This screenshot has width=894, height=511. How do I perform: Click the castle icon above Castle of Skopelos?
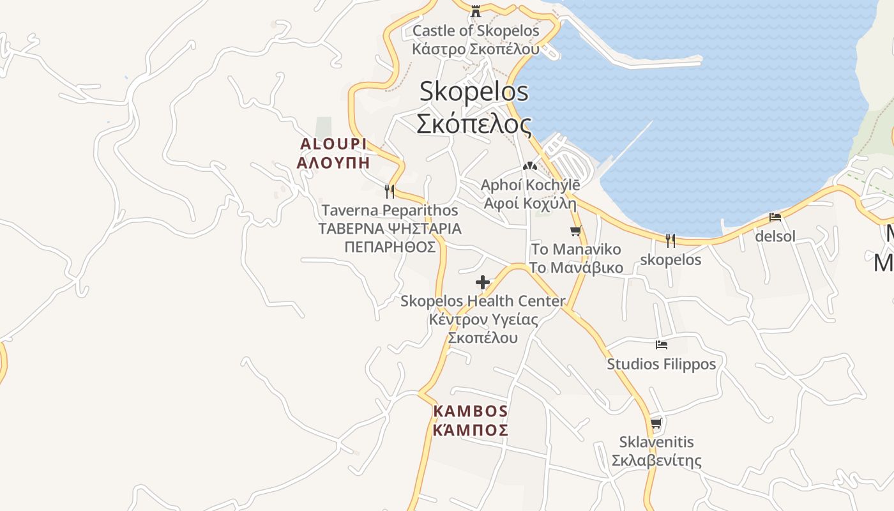click(x=476, y=11)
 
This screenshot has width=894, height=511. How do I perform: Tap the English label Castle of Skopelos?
click(x=476, y=31)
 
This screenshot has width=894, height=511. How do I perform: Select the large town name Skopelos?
click(x=474, y=91)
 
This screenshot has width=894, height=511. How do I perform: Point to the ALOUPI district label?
click(x=333, y=144)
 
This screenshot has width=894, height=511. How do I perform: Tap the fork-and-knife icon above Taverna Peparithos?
click(x=389, y=190)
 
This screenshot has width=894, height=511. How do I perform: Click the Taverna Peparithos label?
click(x=390, y=210)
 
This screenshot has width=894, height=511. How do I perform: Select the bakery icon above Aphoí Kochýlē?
click(x=529, y=166)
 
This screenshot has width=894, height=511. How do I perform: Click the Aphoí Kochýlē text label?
click(x=530, y=185)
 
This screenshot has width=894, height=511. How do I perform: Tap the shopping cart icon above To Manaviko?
click(x=575, y=231)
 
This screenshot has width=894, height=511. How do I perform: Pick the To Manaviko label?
click(x=575, y=249)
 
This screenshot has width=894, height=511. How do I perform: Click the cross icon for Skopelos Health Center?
click(x=483, y=282)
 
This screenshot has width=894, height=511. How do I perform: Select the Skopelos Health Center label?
click(x=483, y=301)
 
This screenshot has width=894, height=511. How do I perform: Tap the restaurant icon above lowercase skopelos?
click(x=670, y=241)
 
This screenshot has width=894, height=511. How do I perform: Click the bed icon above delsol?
click(x=775, y=217)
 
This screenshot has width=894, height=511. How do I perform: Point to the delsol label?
click(x=775, y=236)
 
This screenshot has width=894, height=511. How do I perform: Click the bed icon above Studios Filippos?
click(x=662, y=345)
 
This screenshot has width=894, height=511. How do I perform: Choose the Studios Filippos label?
click(x=662, y=364)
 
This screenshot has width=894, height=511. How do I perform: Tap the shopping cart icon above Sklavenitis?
click(x=656, y=423)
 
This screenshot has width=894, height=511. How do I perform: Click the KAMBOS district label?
click(x=471, y=411)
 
